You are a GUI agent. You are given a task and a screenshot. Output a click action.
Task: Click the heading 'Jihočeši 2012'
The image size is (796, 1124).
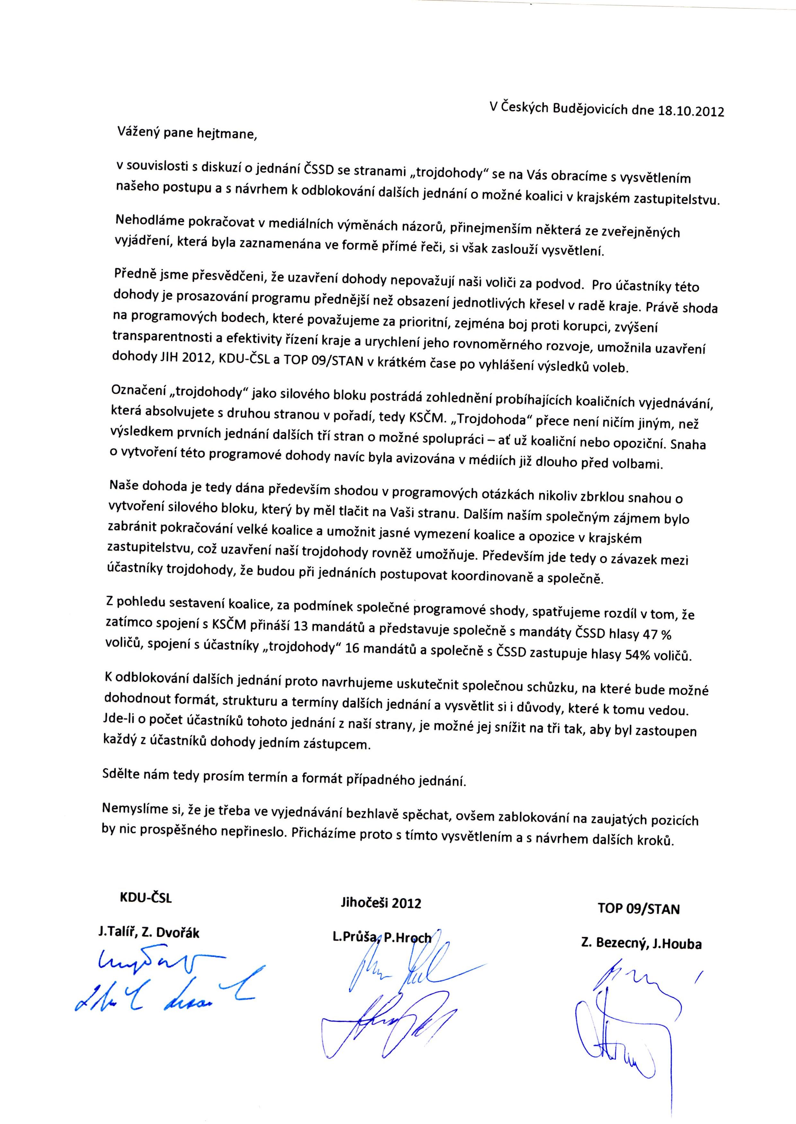[381, 903]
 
